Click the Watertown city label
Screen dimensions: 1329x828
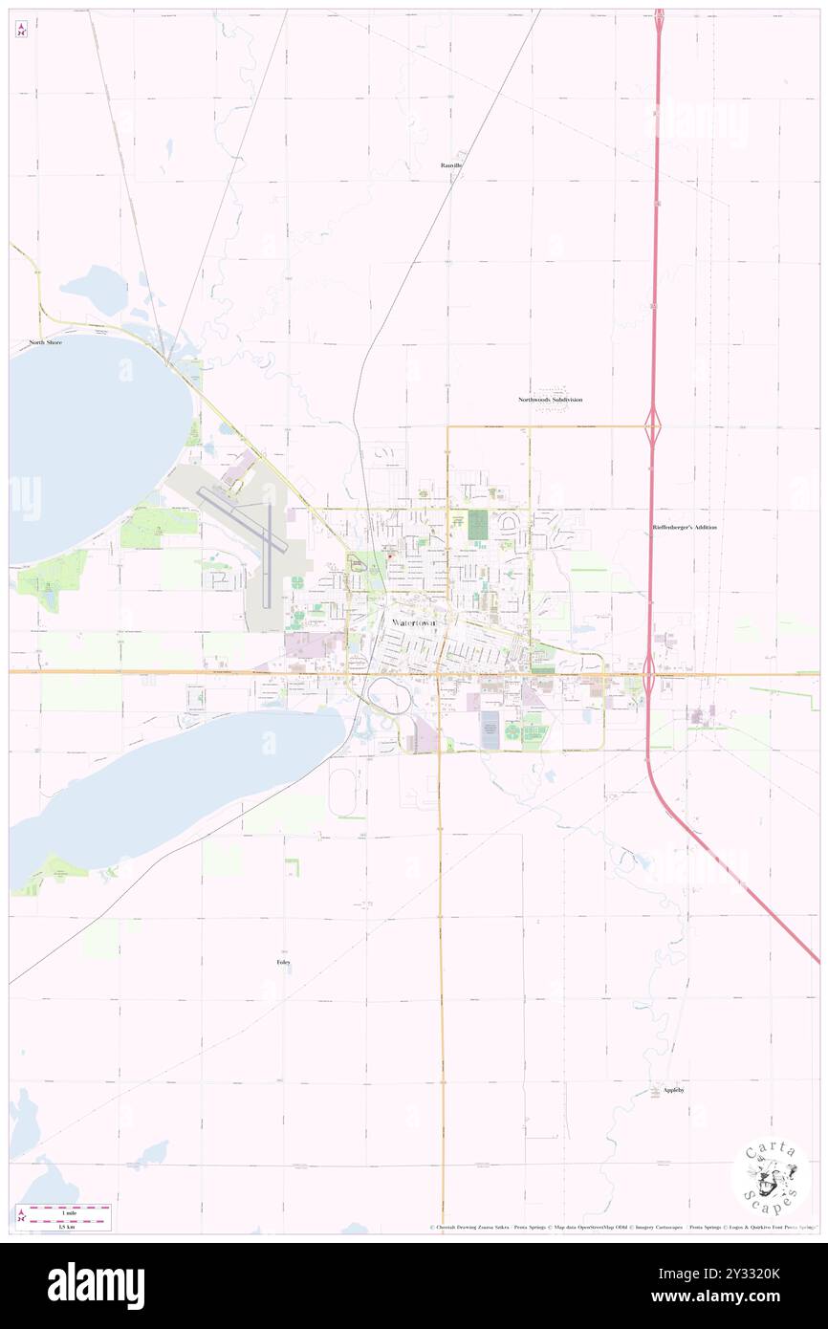(x=414, y=622)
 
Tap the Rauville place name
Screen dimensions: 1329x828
(x=452, y=165)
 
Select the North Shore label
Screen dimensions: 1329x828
(x=45, y=341)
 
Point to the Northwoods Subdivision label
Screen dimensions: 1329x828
(x=550, y=400)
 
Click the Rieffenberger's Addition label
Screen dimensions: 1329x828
(x=685, y=527)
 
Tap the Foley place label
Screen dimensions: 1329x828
(x=283, y=962)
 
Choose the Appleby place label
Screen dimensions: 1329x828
(x=674, y=1090)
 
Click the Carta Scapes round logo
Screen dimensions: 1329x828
(x=770, y=1176)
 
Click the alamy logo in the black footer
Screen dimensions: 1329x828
(x=96, y=1285)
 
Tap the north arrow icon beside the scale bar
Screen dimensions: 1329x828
(x=21, y=1215)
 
